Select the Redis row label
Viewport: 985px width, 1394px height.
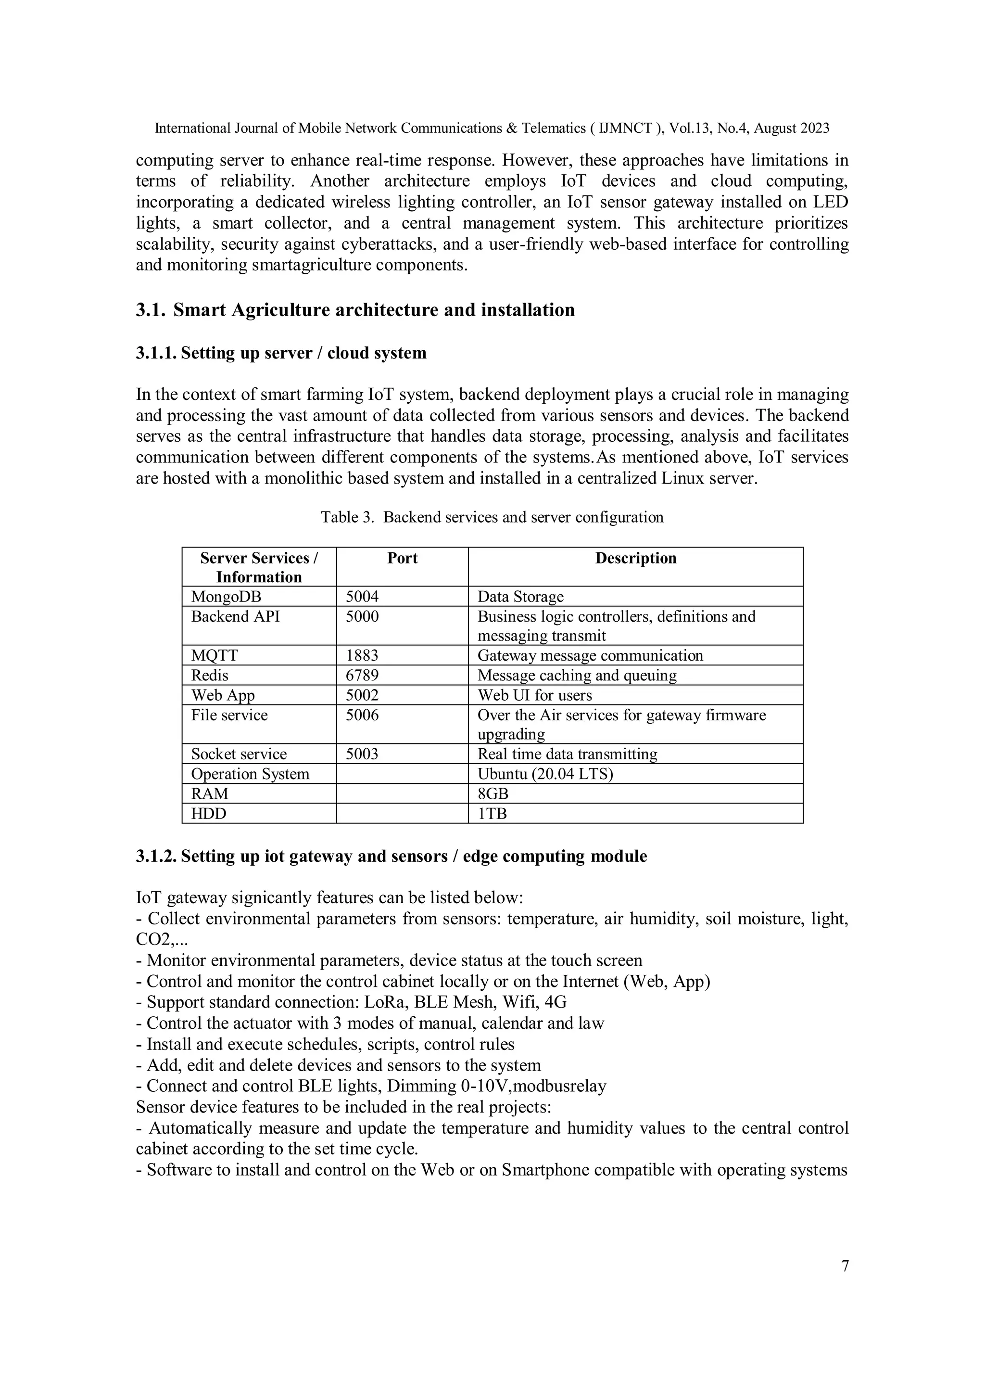[x=210, y=675]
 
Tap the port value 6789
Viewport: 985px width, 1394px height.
[x=362, y=675]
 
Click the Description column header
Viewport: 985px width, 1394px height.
[x=635, y=558]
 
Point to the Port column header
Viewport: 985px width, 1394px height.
[x=403, y=558]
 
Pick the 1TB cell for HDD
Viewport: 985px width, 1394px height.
[x=492, y=814]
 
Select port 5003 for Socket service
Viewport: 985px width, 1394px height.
[x=362, y=754]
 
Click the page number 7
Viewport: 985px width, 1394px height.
[x=845, y=1266]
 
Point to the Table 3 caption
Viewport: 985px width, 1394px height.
[x=492, y=517]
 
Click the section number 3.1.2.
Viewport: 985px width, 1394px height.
[x=155, y=856]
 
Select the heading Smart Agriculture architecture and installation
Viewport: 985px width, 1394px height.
[x=374, y=310]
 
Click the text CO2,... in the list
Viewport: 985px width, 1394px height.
[x=162, y=939]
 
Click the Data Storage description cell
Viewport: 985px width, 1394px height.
[x=520, y=596]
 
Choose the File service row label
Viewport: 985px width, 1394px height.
[x=229, y=715]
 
